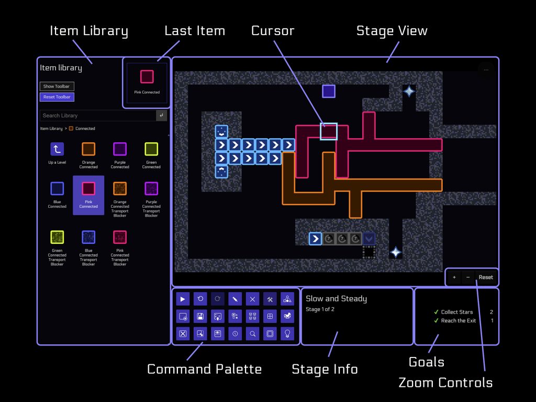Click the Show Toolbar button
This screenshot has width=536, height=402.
click(x=57, y=86)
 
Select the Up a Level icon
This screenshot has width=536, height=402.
click(x=57, y=150)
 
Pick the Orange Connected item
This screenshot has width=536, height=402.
click(x=88, y=150)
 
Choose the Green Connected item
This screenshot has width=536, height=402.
click(x=151, y=150)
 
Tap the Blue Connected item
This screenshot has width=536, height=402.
click(x=57, y=189)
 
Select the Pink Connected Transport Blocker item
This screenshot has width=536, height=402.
click(x=120, y=238)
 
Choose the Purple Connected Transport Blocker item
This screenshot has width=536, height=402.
click(x=151, y=189)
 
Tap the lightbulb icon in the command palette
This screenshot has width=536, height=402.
click(x=287, y=333)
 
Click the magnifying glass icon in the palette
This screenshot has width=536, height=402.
click(x=252, y=333)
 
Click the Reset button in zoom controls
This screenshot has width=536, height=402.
click(x=486, y=277)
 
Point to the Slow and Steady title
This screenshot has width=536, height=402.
click(x=336, y=299)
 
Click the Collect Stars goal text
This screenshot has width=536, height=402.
click(x=456, y=312)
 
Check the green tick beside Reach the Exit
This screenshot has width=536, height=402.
click(x=436, y=321)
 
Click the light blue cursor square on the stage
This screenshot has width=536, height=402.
click(x=329, y=131)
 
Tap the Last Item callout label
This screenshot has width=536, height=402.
click(x=195, y=31)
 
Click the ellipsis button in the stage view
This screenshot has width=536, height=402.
click(x=486, y=70)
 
